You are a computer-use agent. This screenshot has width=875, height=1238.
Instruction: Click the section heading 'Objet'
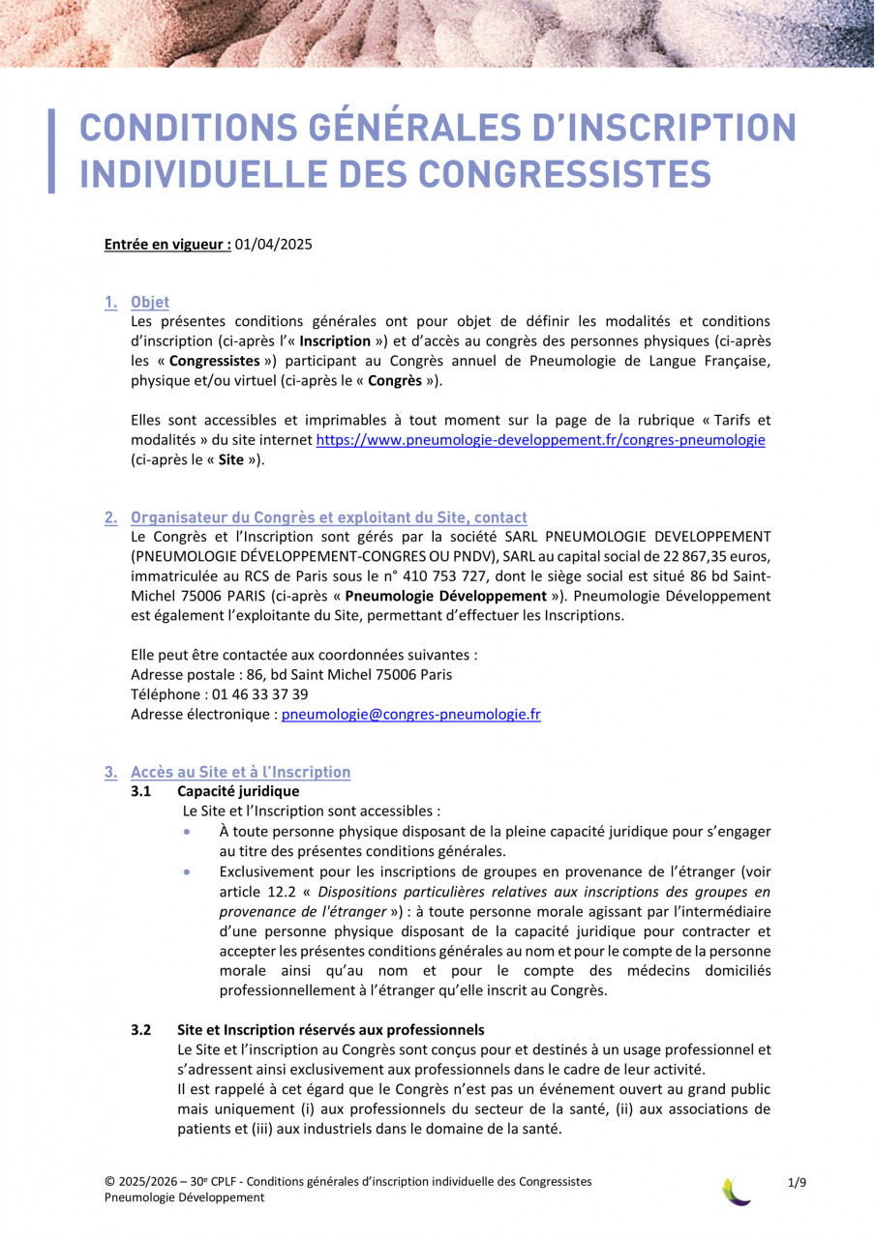click(x=150, y=303)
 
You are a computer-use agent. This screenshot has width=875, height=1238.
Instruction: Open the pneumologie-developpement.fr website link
click(x=541, y=440)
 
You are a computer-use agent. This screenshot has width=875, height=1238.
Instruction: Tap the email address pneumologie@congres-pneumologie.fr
click(x=410, y=715)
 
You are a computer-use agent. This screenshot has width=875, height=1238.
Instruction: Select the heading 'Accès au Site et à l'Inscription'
click(x=240, y=772)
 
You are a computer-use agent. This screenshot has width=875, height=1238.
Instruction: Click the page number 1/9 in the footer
click(x=798, y=1182)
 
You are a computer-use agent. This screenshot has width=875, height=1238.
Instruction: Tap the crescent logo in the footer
click(x=738, y=1191)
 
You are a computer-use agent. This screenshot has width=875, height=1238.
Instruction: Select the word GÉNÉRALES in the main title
click(x=387, y=129)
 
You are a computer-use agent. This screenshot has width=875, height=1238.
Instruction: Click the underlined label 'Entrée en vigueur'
click(x=167, y=245)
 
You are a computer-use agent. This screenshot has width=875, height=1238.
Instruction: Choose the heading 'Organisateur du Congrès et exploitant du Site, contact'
click(x=329, y=517)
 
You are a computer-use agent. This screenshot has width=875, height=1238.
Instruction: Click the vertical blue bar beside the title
click(x=51, y=151)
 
